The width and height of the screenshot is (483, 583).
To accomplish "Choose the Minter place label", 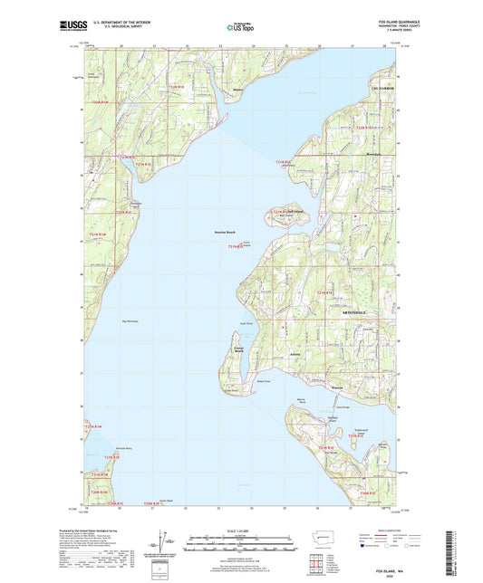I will click(x=237, y=91).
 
